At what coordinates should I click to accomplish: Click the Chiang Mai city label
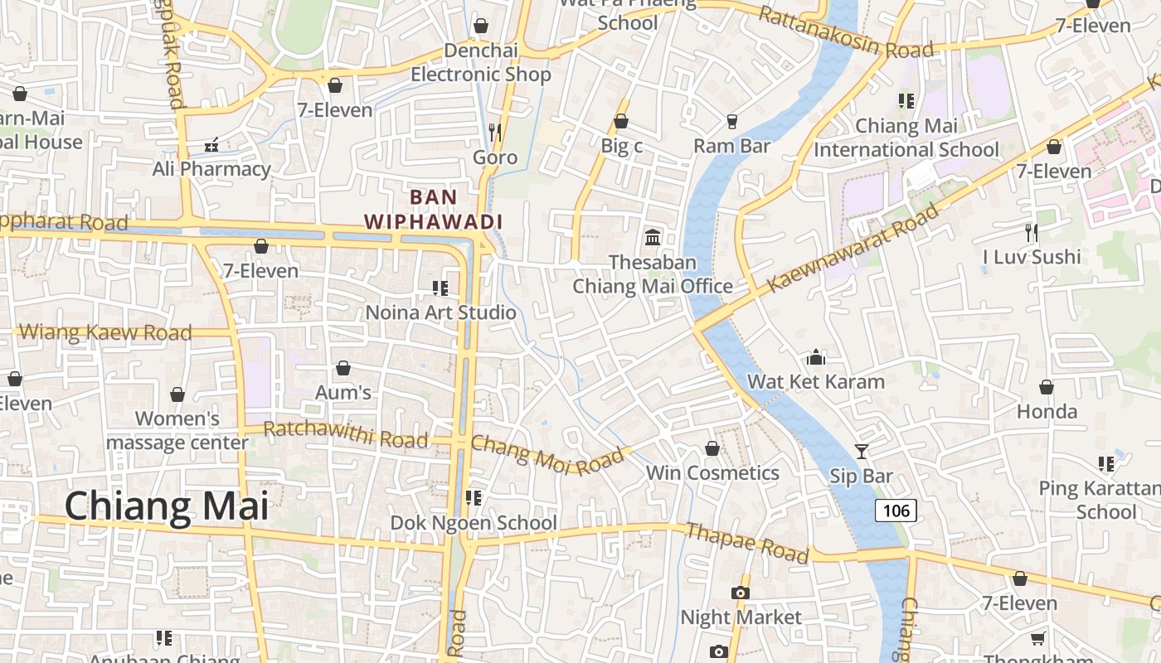(167, 506)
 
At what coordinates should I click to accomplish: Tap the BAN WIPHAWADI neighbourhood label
(434, 210)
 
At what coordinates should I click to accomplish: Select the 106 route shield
(896, 511)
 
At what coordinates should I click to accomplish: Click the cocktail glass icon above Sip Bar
(862, 451)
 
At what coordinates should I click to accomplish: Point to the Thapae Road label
(746, 544)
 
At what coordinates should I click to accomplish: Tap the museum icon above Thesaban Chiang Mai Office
(653, 238)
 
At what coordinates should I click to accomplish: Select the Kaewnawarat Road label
(854, 247)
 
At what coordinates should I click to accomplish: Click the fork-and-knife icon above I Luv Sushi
(1031, 232)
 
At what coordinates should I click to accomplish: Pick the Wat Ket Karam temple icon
(816, 357)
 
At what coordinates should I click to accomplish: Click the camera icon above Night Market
(740, 593)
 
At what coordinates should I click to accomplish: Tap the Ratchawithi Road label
(345, 434)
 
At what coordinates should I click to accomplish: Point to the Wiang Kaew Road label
(105, 332)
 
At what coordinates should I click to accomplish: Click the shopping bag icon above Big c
(621, 122)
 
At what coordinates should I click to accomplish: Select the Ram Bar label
(732, 146)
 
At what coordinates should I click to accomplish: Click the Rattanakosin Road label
(846, 33)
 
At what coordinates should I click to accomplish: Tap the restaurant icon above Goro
(495, 132)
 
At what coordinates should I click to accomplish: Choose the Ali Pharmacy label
(211, 169)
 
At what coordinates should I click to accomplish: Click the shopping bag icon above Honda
(1047, 387)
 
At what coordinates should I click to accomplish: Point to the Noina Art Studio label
(440, 312)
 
